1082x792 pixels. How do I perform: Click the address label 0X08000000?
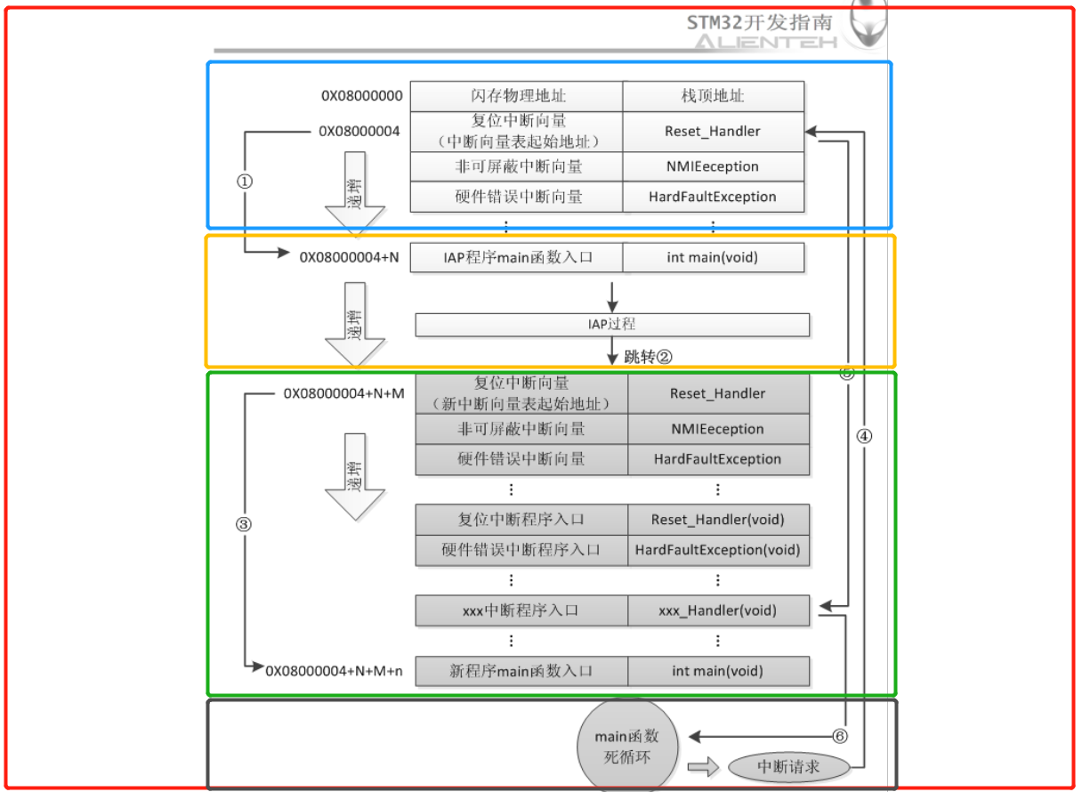coord(361,95)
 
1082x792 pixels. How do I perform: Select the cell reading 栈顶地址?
coord(713,96)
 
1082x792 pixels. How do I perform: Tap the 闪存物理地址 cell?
coord(517,96)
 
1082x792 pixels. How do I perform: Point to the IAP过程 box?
coord(612,325)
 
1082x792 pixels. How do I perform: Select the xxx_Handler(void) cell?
coord(717,610)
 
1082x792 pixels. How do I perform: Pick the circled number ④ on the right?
coord(864,436)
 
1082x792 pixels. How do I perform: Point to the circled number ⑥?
coord(839,737)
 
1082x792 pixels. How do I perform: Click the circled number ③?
coord(244,524)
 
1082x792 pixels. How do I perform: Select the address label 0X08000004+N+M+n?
coord(334,671)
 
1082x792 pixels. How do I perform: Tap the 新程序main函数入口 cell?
coord(521,671)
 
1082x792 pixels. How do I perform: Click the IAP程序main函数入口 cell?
coord(517,258)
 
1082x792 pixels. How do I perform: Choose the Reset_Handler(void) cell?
coord(717,520)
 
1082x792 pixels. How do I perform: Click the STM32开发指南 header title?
coord(759,22)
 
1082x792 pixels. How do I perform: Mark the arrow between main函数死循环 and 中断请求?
coord(702,766)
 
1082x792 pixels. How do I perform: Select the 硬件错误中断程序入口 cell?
coord(521,550)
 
